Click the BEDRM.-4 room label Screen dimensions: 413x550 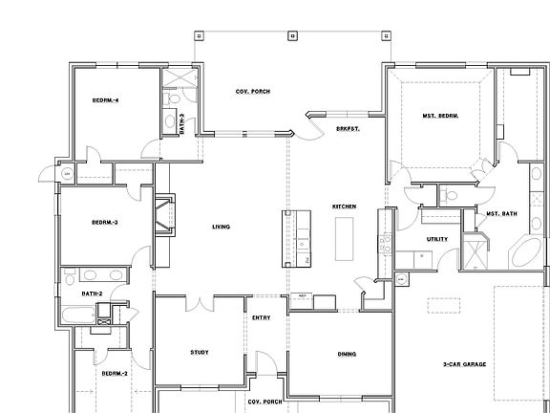105,99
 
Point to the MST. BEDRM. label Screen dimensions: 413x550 440,117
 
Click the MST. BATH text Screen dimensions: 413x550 501,213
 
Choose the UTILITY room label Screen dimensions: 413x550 425,239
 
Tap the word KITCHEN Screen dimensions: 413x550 344,206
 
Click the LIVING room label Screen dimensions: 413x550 221,227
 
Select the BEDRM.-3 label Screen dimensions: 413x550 104,222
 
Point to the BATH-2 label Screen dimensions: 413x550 92,293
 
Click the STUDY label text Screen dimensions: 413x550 199,353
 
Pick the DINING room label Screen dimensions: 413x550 347,354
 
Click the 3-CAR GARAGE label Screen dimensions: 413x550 465,364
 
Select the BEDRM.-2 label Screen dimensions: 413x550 114,373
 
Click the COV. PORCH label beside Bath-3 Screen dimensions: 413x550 253,91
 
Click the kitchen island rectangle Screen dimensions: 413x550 343,236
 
